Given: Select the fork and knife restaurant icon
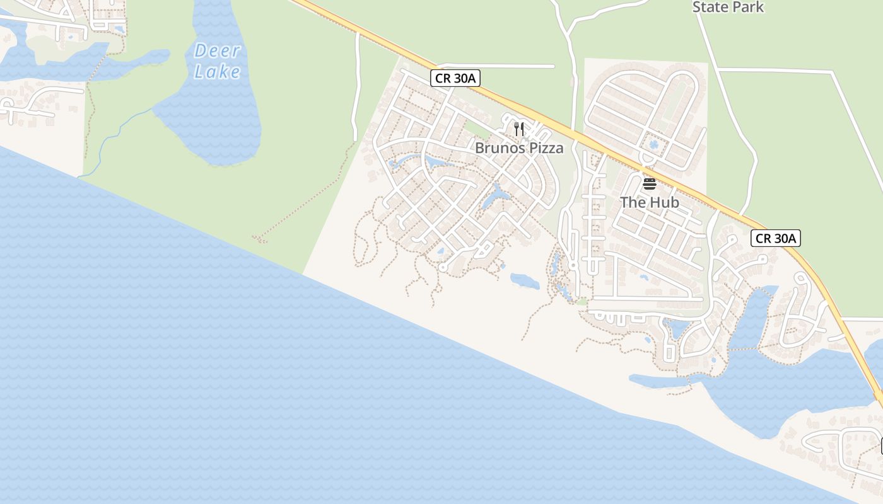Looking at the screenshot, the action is tap(519, 129).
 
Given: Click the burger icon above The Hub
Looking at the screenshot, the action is tap(649, 184).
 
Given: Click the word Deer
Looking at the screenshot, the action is tap(217, 50).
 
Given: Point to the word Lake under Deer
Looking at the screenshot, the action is tap(217, 72).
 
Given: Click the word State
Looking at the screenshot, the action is tap(710, 8).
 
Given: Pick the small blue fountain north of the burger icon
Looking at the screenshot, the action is tap(652, 145).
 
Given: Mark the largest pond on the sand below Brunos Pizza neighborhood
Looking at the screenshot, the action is tap(525, 281).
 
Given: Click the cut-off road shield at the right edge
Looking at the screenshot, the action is tap(880, 446).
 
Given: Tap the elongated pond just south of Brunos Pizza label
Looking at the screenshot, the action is tap(496, 197).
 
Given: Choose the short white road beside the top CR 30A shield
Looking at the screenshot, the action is tap(498, 66).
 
